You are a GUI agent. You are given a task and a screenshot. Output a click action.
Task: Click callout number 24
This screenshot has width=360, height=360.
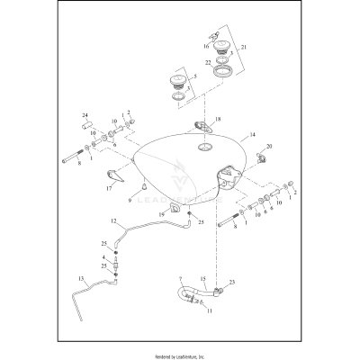(85, 115)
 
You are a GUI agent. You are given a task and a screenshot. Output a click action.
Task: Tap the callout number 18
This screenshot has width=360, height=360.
(217, 118)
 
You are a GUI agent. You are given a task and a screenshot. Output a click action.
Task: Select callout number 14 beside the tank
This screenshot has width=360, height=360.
(253, 134)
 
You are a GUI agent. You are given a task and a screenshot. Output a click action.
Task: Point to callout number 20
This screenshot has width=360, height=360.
(269, 146)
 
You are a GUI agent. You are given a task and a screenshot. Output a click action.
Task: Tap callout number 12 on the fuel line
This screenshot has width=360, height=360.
(113, 220)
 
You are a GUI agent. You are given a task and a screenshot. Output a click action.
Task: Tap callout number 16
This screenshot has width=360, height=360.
(206, 44)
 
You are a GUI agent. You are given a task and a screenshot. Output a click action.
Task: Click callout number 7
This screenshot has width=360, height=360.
(180, 281)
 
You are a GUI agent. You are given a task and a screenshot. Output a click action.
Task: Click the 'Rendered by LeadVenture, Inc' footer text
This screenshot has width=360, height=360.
(180, 350)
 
